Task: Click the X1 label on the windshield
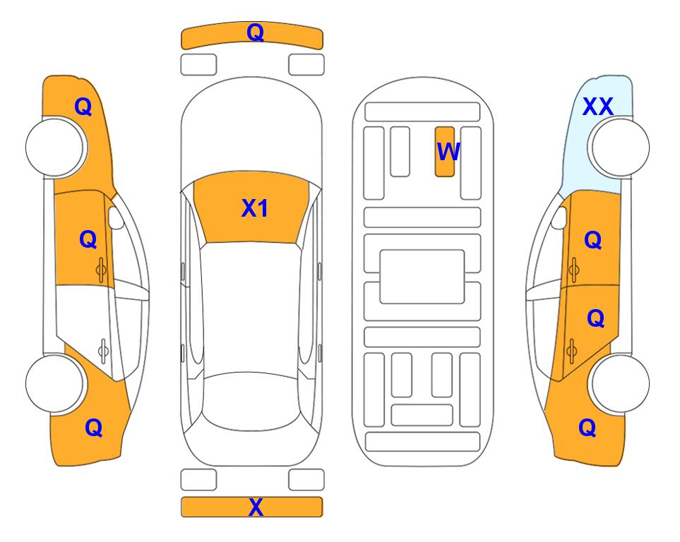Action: tap(255, 208)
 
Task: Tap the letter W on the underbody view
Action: tap(448, 151)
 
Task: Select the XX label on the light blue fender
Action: tap(597, 107)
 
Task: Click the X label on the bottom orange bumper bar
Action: tap(256, 507)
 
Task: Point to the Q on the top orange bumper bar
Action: tap(255, 32)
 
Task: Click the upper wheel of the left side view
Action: tap(56, 147)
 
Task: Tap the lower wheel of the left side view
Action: tap(54, 383)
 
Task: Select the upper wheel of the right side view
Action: tap(620, 147)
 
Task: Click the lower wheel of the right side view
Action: tap(620, 383)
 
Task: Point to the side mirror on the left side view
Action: tap(115, 217)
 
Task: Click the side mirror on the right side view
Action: tap(559, 217)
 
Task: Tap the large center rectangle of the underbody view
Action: tap(422, 277)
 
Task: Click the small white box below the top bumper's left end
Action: tap(198, 65)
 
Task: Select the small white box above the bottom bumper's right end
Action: tap(306, 480)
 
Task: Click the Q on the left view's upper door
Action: tap(88, 239)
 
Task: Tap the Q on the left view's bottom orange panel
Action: tap(94, 428)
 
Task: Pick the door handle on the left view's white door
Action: tap(103, 350)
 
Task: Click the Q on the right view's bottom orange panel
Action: tap(587, 428)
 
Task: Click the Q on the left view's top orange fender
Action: tap(83, 107)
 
